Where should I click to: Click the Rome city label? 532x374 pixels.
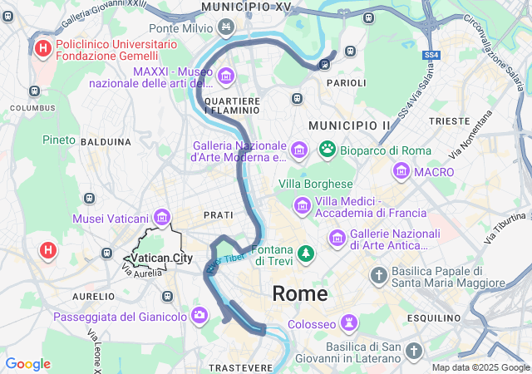[x=300, y=293]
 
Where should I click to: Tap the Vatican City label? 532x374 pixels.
[x=162, y=258]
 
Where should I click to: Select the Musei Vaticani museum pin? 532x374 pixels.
[x=162, y=218]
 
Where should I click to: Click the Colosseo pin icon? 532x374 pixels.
[x=350, y=322]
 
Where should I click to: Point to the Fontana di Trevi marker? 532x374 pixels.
[x=307, y=251]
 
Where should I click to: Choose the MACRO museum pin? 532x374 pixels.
[x=402, y=172]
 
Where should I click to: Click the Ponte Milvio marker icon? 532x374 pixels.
[x=226, y=28]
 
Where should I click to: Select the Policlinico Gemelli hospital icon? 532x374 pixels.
[x=43, y=48]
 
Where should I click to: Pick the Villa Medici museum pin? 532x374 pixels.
[x=302, y=204]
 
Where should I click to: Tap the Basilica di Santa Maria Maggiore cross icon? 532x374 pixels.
[x=379, y=274]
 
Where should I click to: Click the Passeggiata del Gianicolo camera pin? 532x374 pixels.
[x=199, y=315]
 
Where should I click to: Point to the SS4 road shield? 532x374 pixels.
[x=431, y=55]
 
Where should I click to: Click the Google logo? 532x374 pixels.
[x=27, y=364]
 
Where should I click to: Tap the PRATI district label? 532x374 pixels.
[x=219, y=214]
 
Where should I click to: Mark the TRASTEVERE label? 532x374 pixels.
[x=241, y=367]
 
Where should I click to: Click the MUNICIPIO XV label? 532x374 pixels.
[x=247, y=7]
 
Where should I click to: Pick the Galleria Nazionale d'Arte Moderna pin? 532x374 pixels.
[x=300, y=150]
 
